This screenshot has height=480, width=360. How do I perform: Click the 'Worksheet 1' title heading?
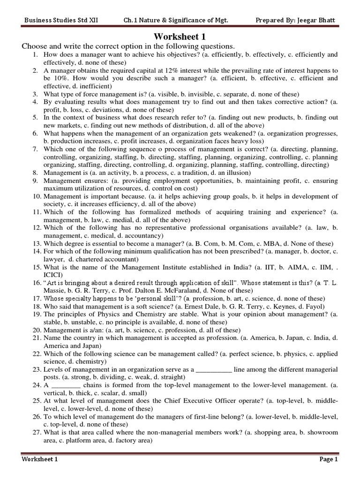click(180, 37)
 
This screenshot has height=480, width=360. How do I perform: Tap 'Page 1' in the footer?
click(329, 459)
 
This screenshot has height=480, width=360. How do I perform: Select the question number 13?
click(37, 244)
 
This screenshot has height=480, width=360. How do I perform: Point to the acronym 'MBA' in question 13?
click(269, 244)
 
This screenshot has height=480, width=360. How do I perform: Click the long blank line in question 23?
click(213, 369)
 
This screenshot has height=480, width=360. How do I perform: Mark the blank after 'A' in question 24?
click(67, 385)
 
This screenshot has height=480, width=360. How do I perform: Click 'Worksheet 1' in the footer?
click(39, 459)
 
